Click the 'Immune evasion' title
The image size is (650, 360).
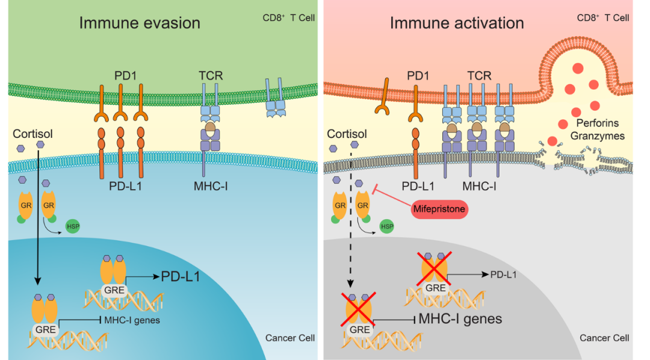tap(140, 23)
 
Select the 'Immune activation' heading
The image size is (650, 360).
tap(457, 23)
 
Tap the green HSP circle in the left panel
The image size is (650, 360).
tap(72, 228)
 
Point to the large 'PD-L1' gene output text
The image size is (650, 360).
tap(180, 276)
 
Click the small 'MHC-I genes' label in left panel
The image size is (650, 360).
tap(132, 320)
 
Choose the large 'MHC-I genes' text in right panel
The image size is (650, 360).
tap(460, 318)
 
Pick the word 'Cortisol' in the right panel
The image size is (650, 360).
tap(347, 134)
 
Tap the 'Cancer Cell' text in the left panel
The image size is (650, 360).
tap(290, 338)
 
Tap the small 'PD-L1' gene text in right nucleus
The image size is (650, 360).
tap(504, 275)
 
